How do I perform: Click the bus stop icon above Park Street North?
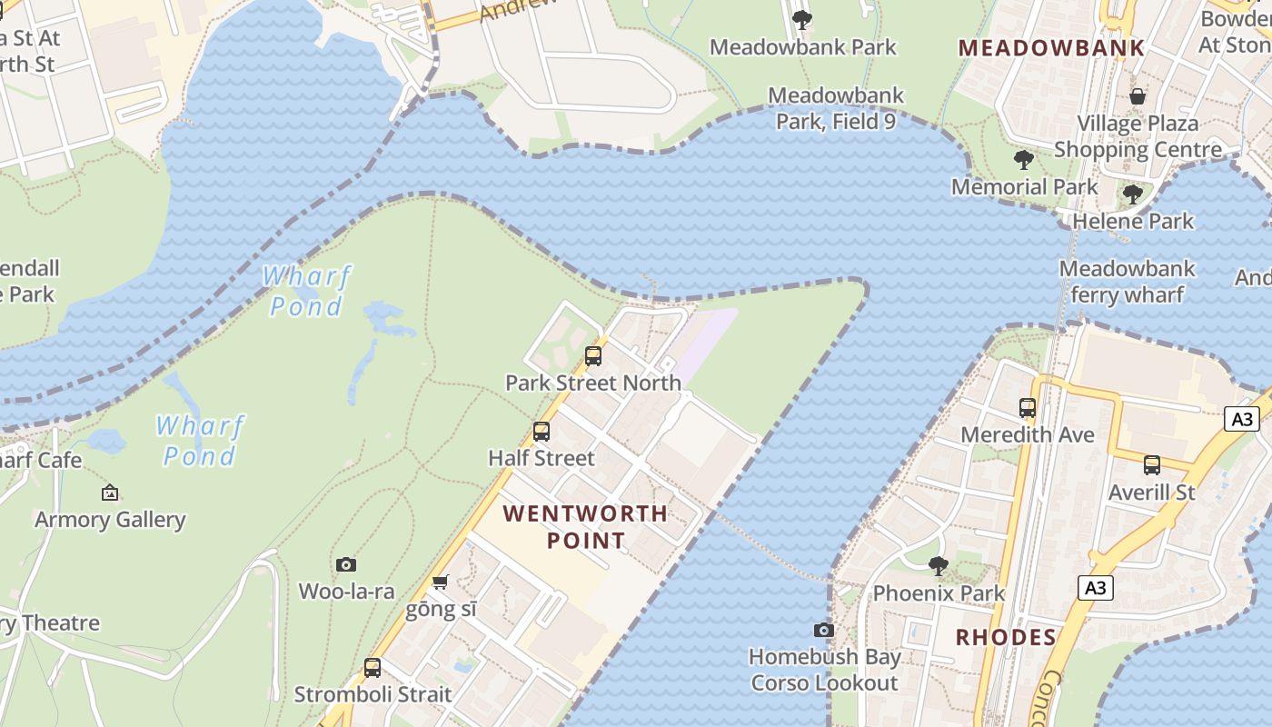[x=593, y=356]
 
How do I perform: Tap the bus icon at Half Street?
[x=542, y=432]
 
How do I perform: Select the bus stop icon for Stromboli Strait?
[x=373, y=668]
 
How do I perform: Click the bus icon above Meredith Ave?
[x=1028, y=408]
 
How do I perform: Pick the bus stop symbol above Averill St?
[x=1152, y=465]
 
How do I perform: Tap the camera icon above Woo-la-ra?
[x=346, y=564]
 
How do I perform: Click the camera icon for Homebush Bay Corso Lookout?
[x=824, y=630]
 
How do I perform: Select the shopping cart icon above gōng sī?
[x=441, y=582]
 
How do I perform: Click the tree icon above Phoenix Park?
[x=939, y=566]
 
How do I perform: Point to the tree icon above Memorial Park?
[x=1024, y=161]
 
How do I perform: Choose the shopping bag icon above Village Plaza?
[x=1137, y=96]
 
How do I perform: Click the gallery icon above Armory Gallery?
[x=110, y=493]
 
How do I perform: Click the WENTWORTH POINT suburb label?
[x=585, y=527]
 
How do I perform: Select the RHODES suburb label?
[x=1006, y=637]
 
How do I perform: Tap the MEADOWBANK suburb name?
[x=1051, y=48]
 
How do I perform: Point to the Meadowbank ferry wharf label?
[x=1127, y=282]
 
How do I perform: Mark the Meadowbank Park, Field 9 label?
[x=836, y=108]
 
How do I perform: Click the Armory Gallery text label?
[x=110, y=520]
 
